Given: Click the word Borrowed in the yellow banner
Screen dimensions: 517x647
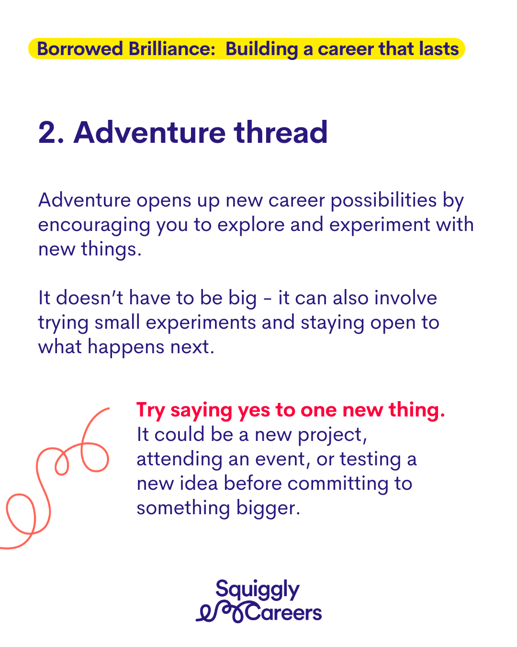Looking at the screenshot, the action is [x=80, y=49].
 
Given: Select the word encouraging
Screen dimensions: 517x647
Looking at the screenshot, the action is [x=94, y=225].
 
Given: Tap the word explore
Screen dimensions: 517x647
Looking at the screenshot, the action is [x=251, y=225].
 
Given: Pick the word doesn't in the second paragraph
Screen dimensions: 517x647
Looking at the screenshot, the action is [x=90, y=298].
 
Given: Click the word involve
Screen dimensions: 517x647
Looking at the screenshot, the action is [x=405, y=298].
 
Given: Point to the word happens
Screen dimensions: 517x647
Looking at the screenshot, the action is [x=126, y=347].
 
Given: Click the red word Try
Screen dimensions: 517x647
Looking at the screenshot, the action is [x=151, y=411].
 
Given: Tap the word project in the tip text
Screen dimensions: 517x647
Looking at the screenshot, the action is [x=332, y=435].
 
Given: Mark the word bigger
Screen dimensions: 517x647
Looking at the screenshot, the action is [x=268, y=508].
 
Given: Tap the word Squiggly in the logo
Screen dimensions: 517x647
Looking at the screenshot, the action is [x=258, y=589].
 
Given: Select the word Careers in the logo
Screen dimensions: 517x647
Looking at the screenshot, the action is [x=284, y=613].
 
